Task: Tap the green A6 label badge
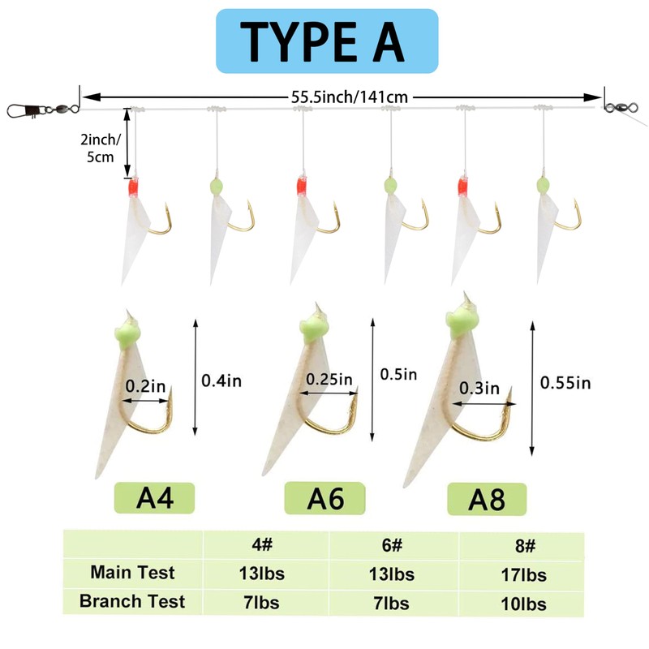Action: (x=324, y=497)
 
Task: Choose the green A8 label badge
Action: (x=486, y=499)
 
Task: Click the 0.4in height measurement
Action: (x=222, y=379)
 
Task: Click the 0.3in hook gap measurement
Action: (x=480, y=388)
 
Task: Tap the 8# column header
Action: (x=521, y=544)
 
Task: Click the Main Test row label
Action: (x=132, y=573)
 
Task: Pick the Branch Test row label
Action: (x=132, y=601)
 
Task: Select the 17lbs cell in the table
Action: (x=521, y=574)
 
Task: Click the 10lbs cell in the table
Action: (x=521, y=604)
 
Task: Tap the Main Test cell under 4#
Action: (x=266, y=574)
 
